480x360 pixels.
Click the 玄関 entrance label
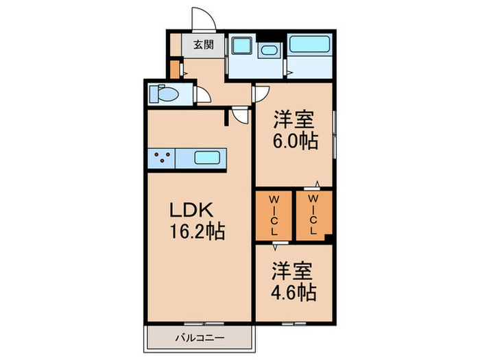point(203,45)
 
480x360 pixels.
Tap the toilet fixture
point(163,93)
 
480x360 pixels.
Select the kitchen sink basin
point(207,158)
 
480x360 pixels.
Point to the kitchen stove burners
point(162,158)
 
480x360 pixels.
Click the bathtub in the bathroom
point(309,44)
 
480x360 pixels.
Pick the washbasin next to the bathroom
point(268,50)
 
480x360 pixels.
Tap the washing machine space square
point(242,46)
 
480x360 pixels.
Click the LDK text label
point(191,211)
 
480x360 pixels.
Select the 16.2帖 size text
point(197,232)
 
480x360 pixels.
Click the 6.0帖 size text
point(295,141)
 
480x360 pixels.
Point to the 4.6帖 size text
point(293,293)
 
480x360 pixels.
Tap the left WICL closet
point(274,215)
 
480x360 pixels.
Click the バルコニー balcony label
point(200,338)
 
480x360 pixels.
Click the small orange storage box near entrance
point(174,69)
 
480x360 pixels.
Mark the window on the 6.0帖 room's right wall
point(335,134)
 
